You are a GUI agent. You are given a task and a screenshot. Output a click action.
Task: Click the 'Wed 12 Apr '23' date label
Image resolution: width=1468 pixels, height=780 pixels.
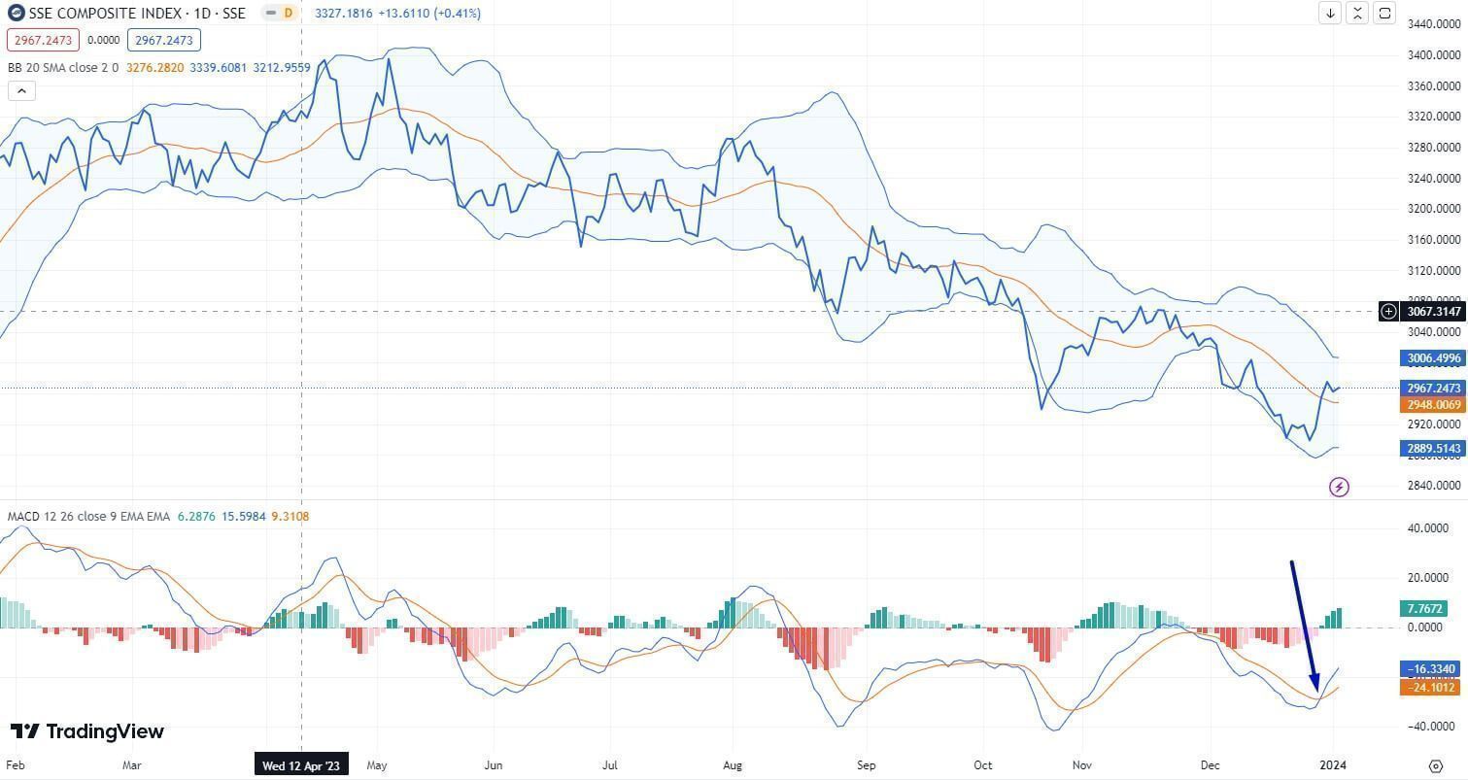pos(301,765)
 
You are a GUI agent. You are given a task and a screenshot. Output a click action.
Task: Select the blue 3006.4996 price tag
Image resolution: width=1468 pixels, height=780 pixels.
pos(1433,358)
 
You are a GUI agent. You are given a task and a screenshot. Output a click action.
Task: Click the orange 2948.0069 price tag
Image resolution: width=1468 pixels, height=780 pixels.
pos(1433,404)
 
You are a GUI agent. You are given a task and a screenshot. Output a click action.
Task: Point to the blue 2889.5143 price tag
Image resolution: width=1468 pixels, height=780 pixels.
pos(1433,449)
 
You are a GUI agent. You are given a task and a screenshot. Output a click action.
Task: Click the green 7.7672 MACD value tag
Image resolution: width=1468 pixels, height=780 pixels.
pos(1423,609)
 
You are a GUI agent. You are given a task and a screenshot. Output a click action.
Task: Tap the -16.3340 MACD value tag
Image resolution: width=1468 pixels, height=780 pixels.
pos(1428,669)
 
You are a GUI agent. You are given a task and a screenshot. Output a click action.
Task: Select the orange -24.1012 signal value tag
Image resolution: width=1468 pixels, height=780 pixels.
pos(1428,687)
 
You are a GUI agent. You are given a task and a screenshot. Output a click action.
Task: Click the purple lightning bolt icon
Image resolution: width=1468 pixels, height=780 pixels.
pos(1339,487)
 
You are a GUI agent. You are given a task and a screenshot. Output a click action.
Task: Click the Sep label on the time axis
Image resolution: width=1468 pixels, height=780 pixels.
pos(867,765)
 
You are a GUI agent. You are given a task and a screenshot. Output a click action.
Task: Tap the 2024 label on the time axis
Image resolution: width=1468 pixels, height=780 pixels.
pos(1335,765)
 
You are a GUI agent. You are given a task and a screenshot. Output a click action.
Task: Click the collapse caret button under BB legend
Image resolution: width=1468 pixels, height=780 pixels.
pos(21,91)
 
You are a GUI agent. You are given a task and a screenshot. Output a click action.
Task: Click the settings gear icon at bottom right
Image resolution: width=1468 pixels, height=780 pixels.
pos(1436,765)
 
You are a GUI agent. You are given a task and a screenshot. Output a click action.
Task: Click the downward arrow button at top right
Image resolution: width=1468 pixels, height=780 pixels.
pos(1329,13)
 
